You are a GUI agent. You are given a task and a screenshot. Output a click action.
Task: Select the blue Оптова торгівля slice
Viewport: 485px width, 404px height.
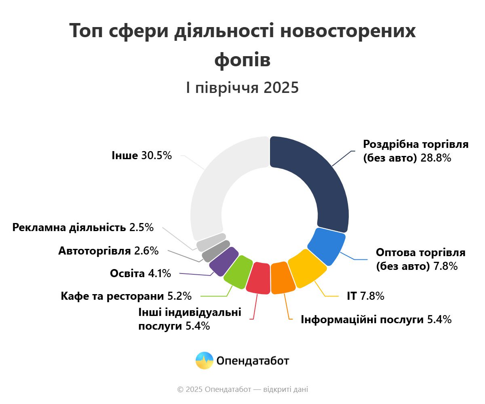pyautogui.click(x=327, y=246)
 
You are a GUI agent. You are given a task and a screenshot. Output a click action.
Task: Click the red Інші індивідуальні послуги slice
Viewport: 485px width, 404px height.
pyautogui.click(x=258, y=278)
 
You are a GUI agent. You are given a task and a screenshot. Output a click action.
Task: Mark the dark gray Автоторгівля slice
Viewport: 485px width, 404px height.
pyautogui.click(x=216, y=251)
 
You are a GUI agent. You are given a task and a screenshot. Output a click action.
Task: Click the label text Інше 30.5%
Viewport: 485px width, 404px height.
pyautogui.click(x=142, y=155)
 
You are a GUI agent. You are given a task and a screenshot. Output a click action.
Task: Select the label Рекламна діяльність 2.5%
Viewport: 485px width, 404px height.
pyautogui.click(x=83, y=227)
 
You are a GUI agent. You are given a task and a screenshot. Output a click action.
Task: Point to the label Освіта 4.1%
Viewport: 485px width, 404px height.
pyautogui.click(x=140, y=274)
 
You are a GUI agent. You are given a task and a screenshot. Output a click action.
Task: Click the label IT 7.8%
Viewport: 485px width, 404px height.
pyautogui.click(x=365, y=296)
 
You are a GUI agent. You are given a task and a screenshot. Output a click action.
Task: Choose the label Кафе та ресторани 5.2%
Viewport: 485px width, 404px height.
pyautogui.click(x=126, y=296)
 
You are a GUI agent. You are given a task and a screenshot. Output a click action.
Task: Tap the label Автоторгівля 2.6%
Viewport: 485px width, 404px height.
pyautogui.click(x=108, y=251)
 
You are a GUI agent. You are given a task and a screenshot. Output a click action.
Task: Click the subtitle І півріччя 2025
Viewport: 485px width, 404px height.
pyautogui.click(x=242, y=88)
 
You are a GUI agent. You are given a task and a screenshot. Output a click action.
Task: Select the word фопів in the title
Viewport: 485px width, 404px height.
pyautogui.click(x=242, y=60)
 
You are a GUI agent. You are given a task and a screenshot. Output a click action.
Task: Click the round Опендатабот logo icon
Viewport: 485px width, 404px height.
pyautogui.click(x=204, y=360)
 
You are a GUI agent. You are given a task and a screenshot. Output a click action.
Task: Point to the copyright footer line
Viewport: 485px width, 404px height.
pyautogui.click(x=242, y=389)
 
